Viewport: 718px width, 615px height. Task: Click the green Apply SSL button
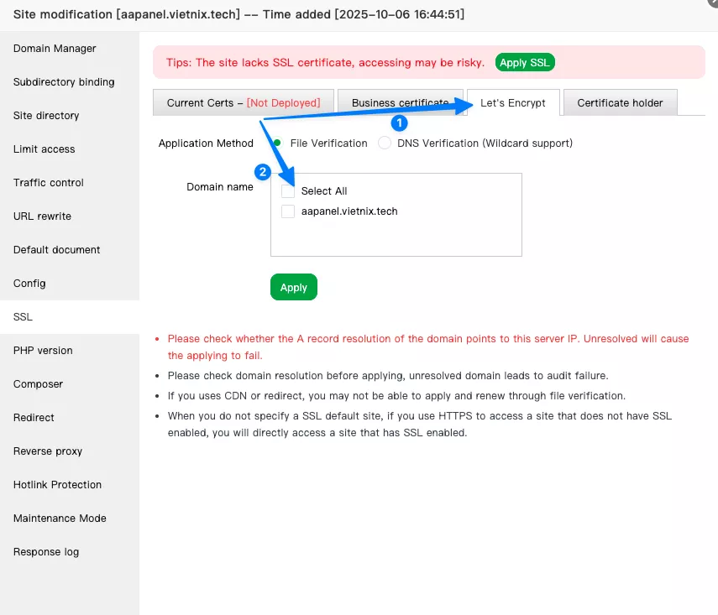pos(525,62)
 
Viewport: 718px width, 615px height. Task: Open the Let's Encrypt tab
pos(512,102)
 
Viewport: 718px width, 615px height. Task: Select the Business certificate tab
pos(400,102)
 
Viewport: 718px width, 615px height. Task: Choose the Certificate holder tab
pos(620,102)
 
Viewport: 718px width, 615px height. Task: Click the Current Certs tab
pos(244,102)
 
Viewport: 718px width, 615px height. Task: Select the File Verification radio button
pos(278,143)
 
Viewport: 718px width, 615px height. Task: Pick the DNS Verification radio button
pos(385,143)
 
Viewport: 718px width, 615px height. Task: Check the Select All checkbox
pos(288,190)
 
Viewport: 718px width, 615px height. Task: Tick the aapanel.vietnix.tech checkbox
pos(288,211)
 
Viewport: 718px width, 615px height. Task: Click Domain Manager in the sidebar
pos(55,49)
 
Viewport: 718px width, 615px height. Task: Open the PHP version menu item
pos(43,351)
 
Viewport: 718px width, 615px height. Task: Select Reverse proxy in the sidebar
pos(48,451)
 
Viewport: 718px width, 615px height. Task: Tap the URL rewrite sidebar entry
pos(42,216)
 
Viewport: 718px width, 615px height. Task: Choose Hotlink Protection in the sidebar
pos(57,485)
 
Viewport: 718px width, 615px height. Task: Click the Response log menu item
pos(46,552)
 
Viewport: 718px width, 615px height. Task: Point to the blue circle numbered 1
pos(401,122)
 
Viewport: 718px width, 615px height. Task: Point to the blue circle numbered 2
pos(263,172)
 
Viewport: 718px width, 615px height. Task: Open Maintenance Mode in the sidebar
pos(60,519)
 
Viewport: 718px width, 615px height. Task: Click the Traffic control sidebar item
pos(49,183)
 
